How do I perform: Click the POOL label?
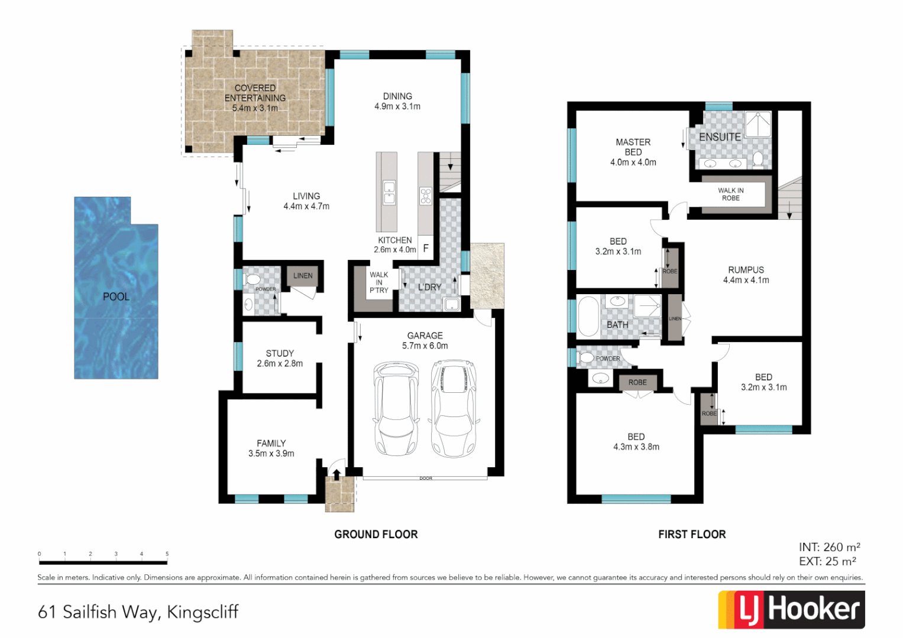point(116,297)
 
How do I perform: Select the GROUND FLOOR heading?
point(376,534)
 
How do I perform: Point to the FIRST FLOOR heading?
point(692,534)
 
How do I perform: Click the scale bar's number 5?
point(167,554)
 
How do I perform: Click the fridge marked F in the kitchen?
point(426,249)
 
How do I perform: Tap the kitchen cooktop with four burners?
point(426,196)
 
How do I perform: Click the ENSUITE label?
point(720,137)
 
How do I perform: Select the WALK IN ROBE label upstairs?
point(731,194)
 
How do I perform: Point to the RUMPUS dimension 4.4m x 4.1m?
point(746,280)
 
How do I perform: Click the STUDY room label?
point(280,353)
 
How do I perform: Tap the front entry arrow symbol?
point(336,474)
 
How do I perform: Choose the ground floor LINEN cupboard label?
point(303,275)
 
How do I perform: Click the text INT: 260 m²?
point(829,547)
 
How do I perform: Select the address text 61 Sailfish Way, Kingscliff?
point(138,612)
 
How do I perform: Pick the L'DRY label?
point(430,287)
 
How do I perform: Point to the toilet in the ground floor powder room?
point(252,279)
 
